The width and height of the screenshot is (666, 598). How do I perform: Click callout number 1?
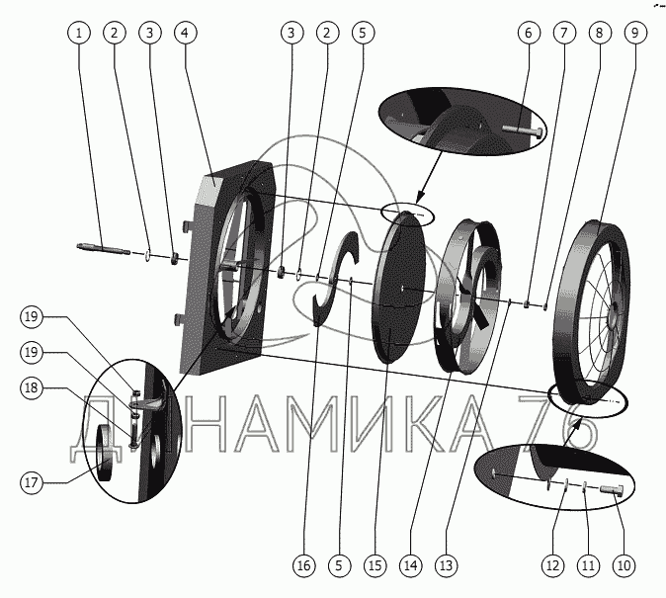point(81,33)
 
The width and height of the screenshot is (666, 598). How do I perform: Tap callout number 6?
point(528,33)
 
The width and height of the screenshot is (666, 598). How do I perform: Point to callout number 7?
point(563,33)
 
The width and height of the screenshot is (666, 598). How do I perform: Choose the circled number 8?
point(598,33)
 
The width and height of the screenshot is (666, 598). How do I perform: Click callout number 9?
point(633,33)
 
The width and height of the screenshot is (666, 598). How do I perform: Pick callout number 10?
point(623,566)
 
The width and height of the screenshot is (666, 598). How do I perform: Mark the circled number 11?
point(588,566)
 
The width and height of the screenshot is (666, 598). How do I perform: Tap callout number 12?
point(551,566)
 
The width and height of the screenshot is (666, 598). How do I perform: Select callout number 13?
point(447,566)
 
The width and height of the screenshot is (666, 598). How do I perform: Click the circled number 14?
point(410,566)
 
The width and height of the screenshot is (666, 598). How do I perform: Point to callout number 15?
point(375,566)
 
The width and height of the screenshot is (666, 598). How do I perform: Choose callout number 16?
point(303,566)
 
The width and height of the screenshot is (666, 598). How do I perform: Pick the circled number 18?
point(32,388)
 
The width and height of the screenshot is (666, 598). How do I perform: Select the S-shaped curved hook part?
point(336,280)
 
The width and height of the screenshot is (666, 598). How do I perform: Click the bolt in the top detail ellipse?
point(525,131)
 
